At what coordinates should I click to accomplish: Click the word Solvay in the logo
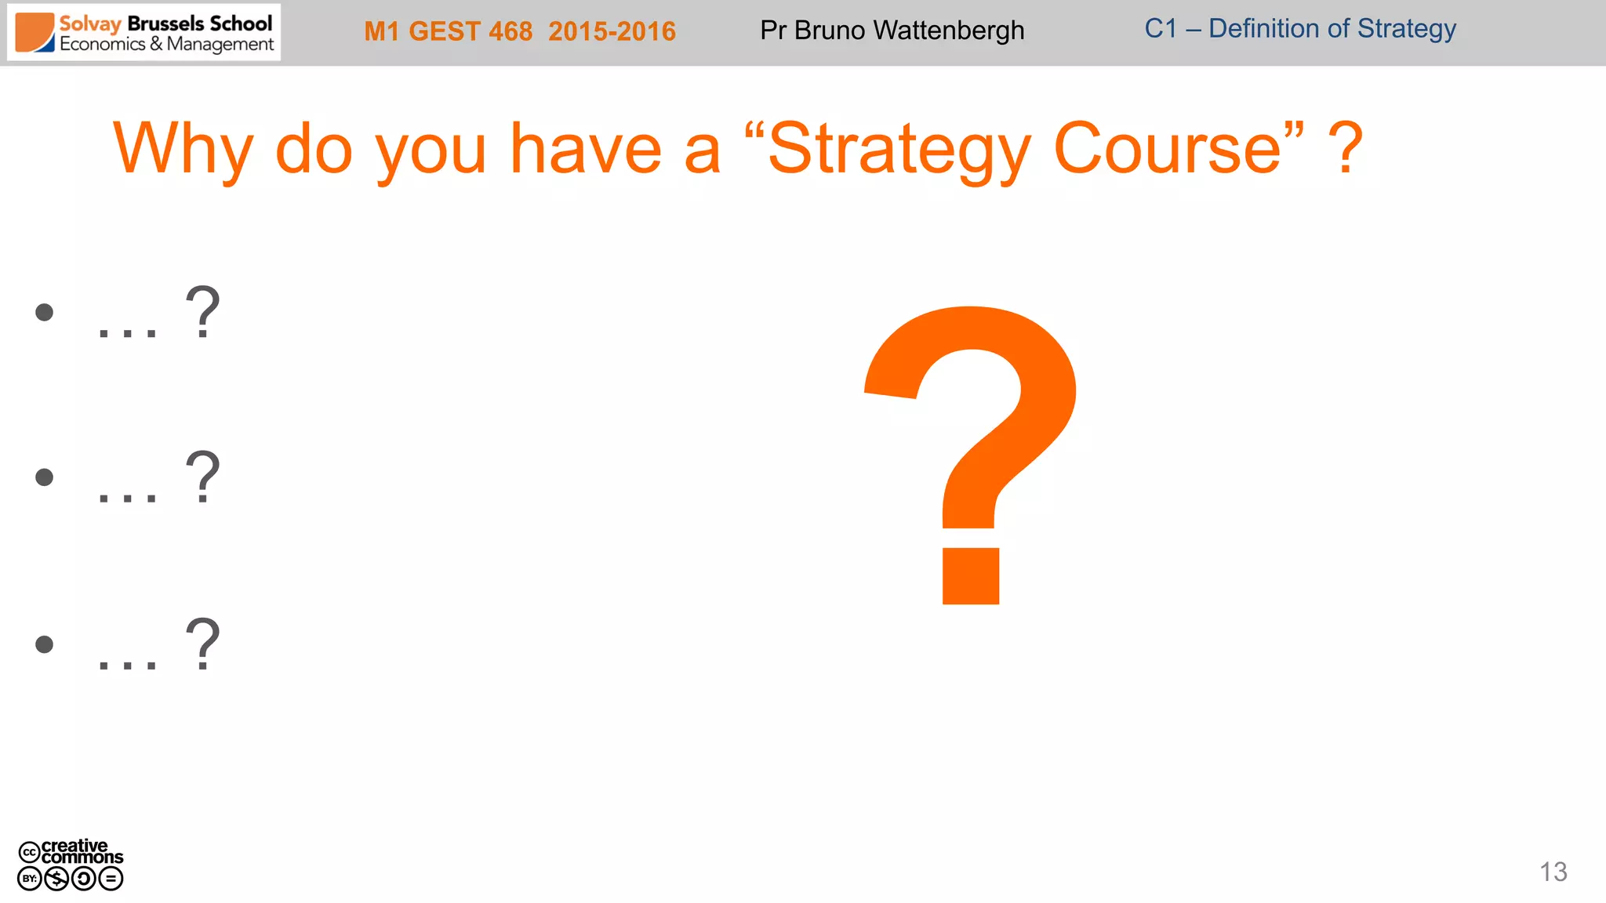pos(90,24)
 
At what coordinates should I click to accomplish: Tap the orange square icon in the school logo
pos(35,32)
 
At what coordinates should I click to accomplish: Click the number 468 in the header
pos(511,31)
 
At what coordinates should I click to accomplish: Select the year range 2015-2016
pos(612,31)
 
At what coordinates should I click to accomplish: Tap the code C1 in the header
pos(1161,28)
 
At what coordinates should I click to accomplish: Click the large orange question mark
pos(971,455)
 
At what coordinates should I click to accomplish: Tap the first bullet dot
pos(45,313)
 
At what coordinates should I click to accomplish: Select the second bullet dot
pos(45,477)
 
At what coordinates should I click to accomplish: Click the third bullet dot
pos(45,644)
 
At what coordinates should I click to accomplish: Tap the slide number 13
pos(1553,872)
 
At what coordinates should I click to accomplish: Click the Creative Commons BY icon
pos(30,879)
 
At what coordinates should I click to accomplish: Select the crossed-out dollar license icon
pos(56,879)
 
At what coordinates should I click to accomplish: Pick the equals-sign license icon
pos(111,879)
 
